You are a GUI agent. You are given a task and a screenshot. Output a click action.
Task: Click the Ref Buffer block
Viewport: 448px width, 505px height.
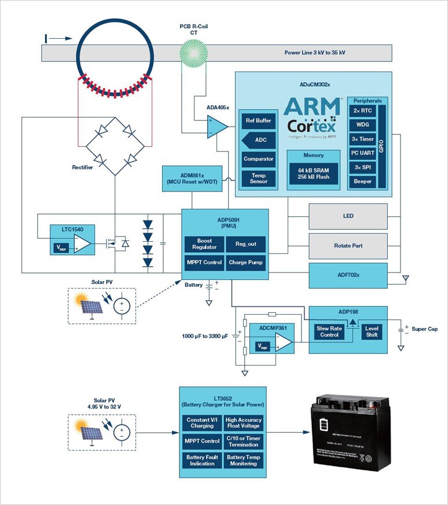(x=258, y=121)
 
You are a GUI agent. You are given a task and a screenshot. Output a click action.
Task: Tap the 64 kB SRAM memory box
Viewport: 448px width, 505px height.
(x=313, y=173)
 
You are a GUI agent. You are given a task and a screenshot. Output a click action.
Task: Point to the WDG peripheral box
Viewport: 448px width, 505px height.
(x=363, y=125)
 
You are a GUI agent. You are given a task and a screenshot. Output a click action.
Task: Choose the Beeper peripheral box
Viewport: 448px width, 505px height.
(x=363, y=181)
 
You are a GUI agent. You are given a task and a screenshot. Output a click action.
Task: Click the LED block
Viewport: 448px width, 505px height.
(x=348, y=216)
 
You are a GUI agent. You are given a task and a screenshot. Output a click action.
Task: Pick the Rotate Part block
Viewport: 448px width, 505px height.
(x=348, y=245)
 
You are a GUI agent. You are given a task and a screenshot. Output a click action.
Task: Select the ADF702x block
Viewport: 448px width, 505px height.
(x=348, y=275)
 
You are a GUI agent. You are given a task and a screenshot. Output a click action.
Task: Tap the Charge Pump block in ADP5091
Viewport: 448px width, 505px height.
(x=246, y=262)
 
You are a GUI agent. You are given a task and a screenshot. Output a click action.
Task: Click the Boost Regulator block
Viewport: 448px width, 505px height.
(x=204, y=244)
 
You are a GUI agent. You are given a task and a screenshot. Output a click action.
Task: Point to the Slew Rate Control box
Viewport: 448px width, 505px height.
(x=329, y=331)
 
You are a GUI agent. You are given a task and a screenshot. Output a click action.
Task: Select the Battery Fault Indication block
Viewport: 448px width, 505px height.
(x=202, y=460)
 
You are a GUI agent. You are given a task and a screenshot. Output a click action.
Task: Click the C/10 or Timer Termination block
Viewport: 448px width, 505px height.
(x=244, y=441)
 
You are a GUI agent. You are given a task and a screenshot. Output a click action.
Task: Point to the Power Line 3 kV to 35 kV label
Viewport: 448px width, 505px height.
(x=315, y=53)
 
